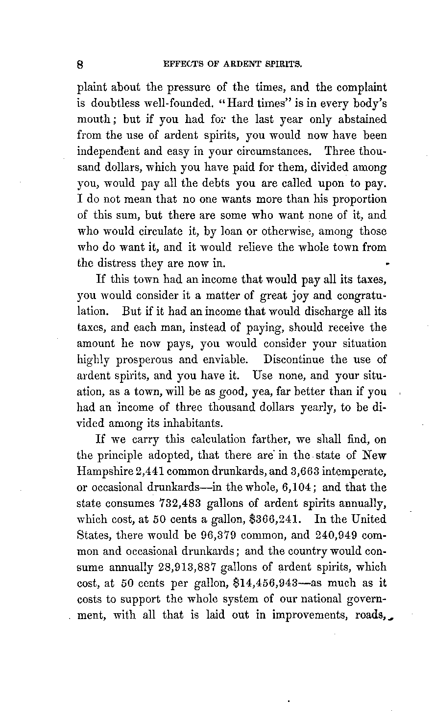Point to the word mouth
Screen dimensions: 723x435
coord(93,120)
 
